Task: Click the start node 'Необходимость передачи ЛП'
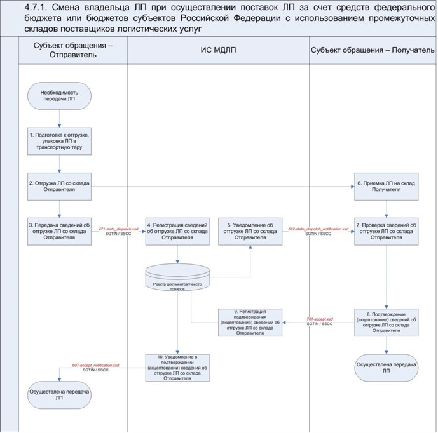pyautogui.click(x=59, y=97)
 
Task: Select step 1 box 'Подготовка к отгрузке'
pyautogui.click(x=59, y=142)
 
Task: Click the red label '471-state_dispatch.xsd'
pyautogui.click(x=118, y=228)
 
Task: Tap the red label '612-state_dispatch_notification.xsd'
pyautogui.click(x=318, y=228)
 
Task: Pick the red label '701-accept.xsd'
pyautogui.click(x=320, y=319)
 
